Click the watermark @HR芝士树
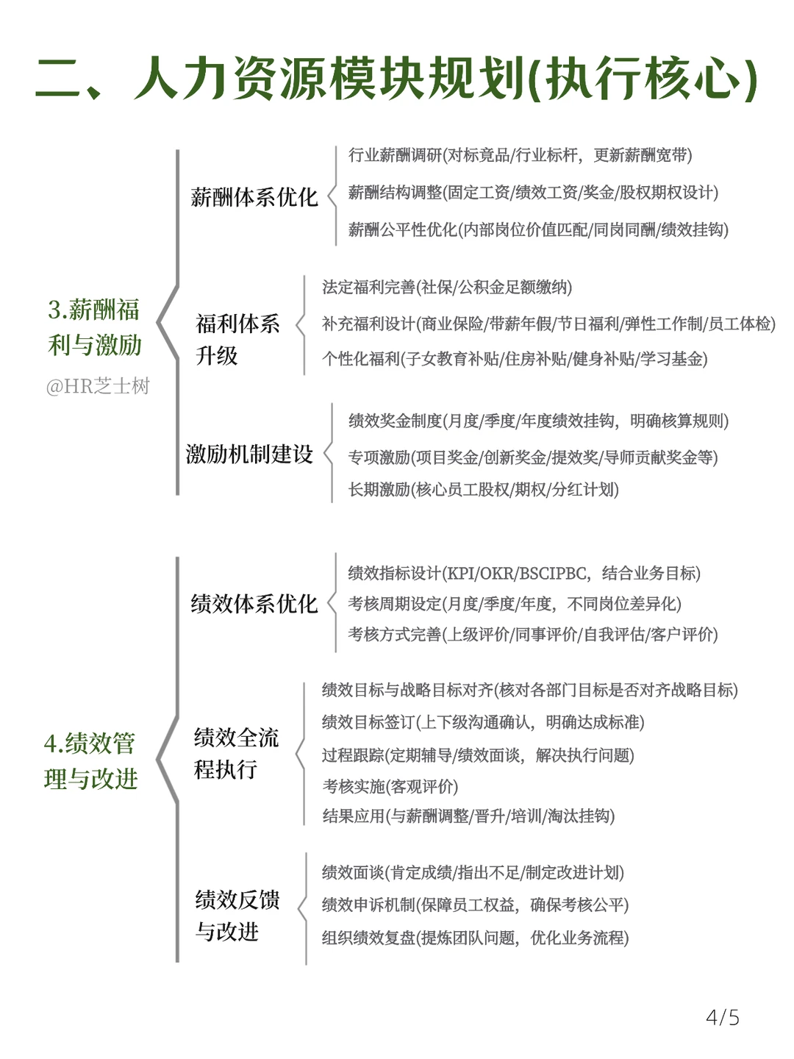[x=98, y=386]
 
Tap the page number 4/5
[x=722, y=1018]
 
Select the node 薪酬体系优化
[x=254, y=197]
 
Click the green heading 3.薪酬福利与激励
[x=94, y=327]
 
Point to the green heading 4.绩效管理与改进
[x=90, y=761]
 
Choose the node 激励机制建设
[x=249, y=454]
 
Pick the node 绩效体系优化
[x=254, y=604]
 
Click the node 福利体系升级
[x=237, y=340]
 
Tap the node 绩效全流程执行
[x=236, y=753]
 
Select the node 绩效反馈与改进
[x=237, y=916]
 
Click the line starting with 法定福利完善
[x=447, y=287]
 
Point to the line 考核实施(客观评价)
[x=390, y=786]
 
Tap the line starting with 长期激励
[x=484, y=489]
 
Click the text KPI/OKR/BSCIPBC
[x=517, y=573]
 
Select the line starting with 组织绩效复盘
[x=476, y=938]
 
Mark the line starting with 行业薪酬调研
[x=521, y=155]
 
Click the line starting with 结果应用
[x=468, y=816]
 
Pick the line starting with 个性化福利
[x=515, y=358]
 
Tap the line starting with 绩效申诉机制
[x=476, y=905]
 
